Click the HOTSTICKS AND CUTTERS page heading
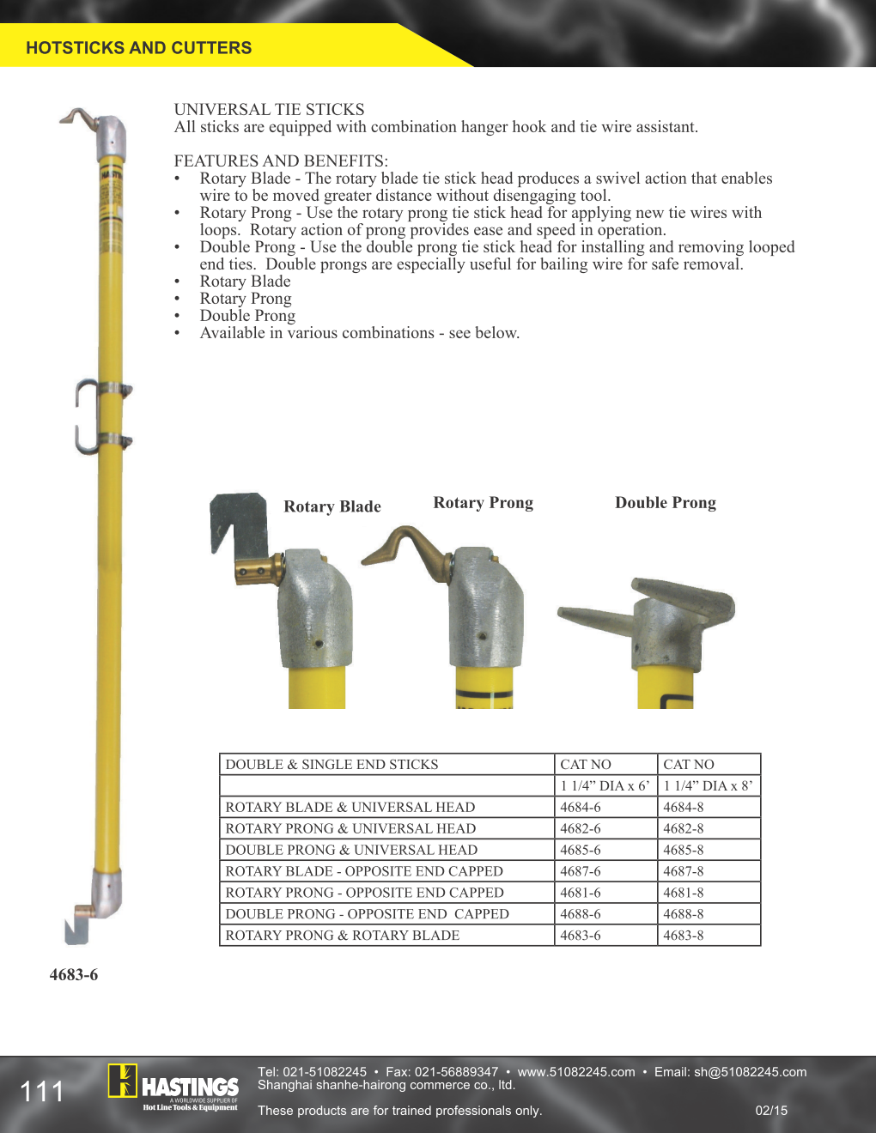(138, 48)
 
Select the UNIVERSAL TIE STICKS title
(269, 109)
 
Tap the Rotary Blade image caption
(332, 506)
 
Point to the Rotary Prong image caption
(483, 503)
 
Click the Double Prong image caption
(665, 503)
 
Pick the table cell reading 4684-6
(581, 807)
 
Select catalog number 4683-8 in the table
(684, 936)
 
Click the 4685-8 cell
(684, 850)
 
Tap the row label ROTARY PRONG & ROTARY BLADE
(342, 936)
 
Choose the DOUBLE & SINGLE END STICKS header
(332, 764)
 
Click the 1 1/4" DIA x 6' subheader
(605, 785)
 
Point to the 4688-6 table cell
(581, 914)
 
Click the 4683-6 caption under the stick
(74, 975)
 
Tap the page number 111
(42, 1092)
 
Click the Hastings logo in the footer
(173, 1087)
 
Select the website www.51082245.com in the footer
(576, 1072)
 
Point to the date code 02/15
(771, 1111)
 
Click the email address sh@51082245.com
(750, 1072)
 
